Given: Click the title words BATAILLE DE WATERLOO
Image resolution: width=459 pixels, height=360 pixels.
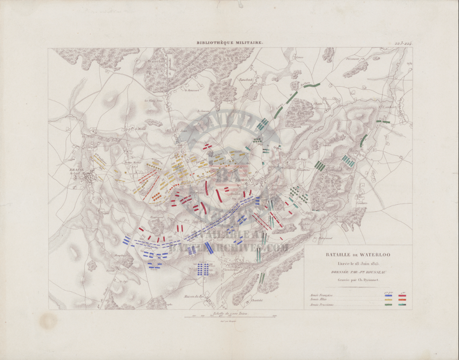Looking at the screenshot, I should (357, 254).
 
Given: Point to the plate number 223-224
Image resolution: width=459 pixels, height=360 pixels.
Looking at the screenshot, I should (403, 42).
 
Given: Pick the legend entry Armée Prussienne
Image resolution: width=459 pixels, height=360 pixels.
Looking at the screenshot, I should (319, 305).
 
